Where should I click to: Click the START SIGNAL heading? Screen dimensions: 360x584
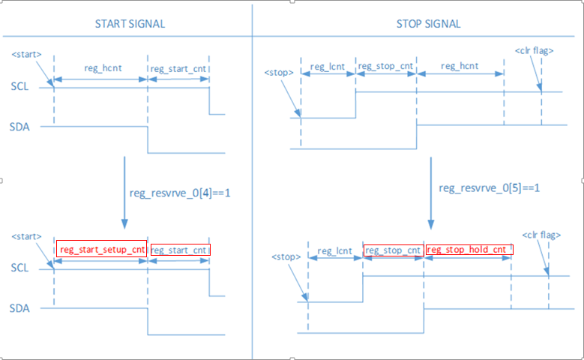tap(130, 24)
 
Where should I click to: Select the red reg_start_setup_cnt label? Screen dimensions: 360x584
tap(103, 250)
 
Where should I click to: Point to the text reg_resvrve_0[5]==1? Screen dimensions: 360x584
tap(490, 187)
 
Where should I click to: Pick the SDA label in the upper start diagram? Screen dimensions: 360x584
tap(20, 126)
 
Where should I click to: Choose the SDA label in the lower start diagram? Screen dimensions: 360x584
tap(20, 307)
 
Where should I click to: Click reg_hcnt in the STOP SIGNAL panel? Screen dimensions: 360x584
tap(460, 67)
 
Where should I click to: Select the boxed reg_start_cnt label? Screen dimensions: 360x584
tap(180, 250)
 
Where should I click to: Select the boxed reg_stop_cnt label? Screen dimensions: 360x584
tap(394, 250)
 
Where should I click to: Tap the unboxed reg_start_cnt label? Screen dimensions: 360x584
tap(178, 68)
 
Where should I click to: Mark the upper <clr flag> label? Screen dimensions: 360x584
tap(534, 51)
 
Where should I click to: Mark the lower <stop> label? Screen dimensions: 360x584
tap(286, 257)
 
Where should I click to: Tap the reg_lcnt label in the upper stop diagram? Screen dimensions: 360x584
tap(328, 67)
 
